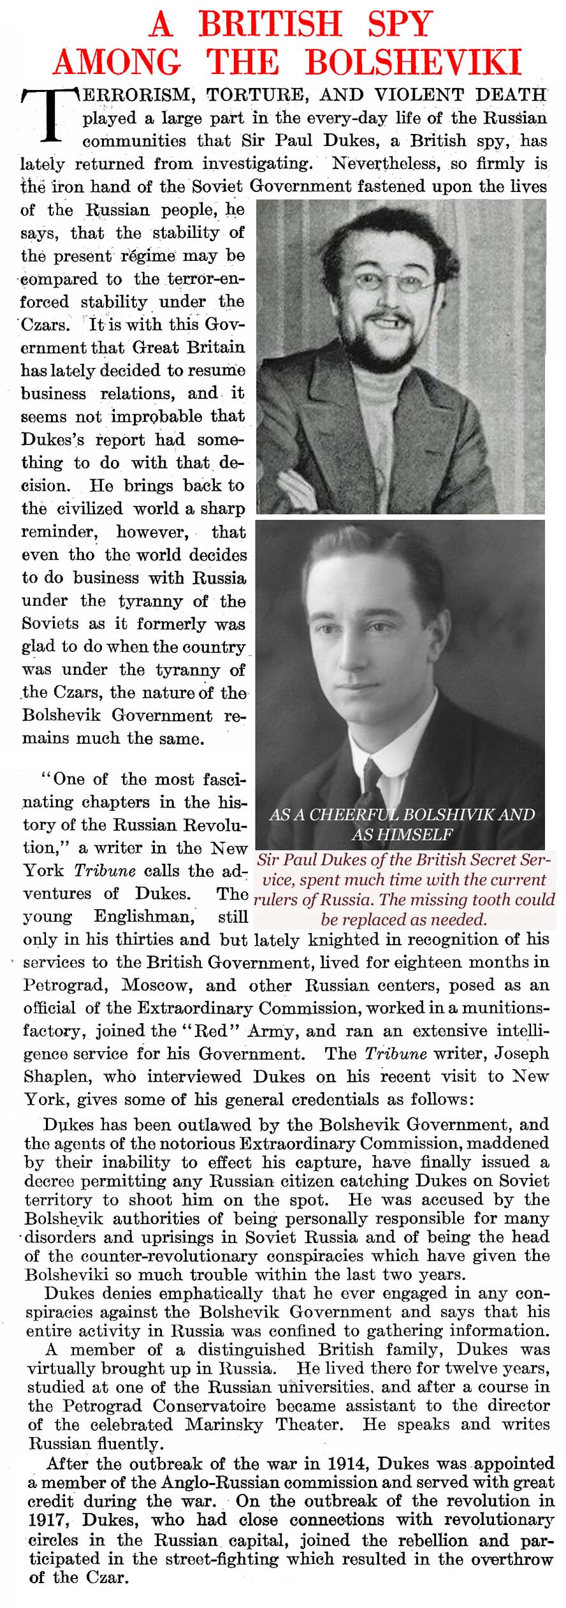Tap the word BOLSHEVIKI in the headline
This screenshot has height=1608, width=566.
[x=413, y=63]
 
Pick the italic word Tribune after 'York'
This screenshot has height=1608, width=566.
[x=105, y=871]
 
